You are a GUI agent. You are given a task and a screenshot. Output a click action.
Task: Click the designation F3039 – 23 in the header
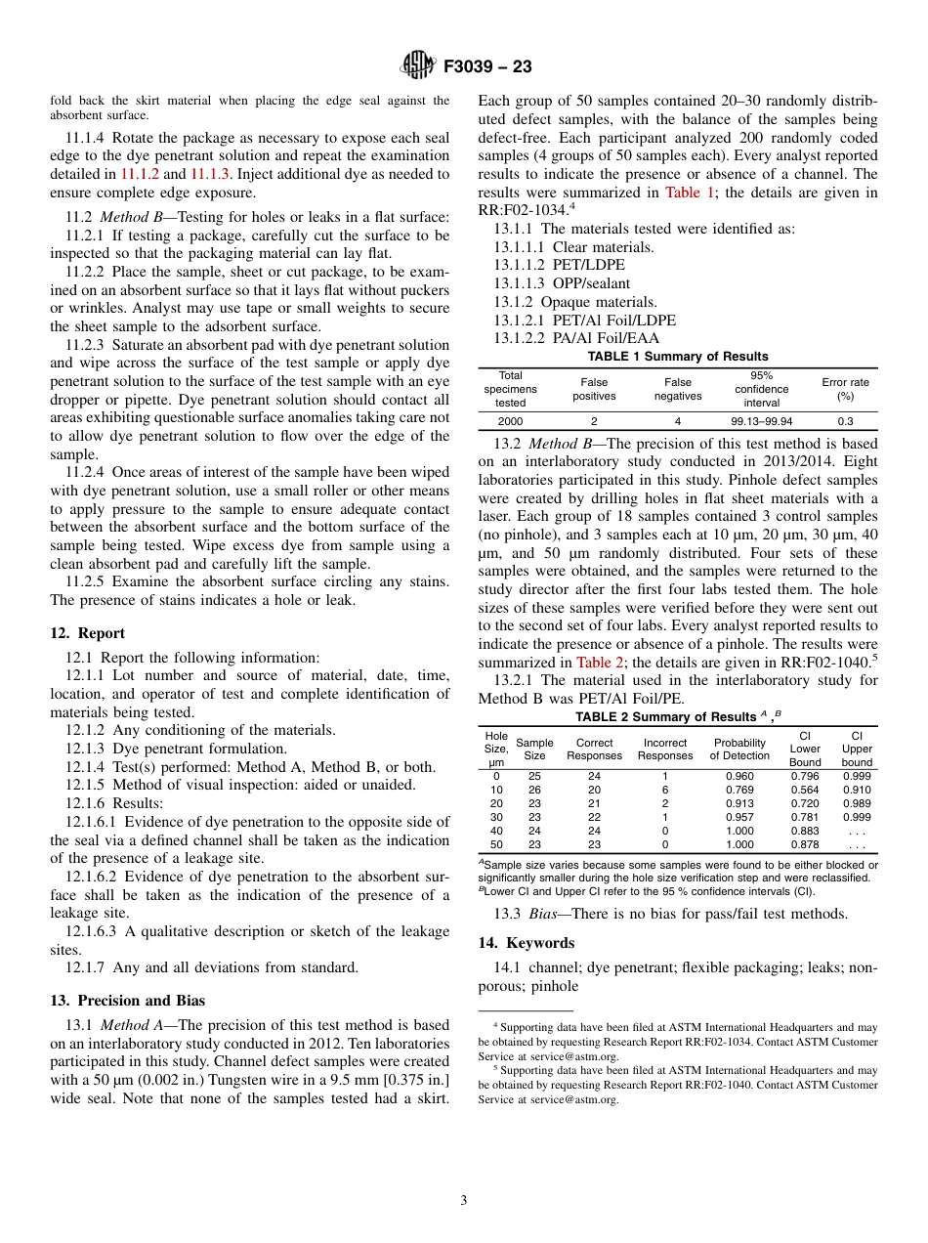click(x=487, y=67)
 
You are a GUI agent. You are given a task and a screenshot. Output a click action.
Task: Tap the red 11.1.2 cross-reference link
click(x=138, y=174)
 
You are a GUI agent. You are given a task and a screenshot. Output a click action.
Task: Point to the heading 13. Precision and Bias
click(x=127, y=1000)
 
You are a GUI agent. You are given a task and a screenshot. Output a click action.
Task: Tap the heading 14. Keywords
click(x=526, y=943)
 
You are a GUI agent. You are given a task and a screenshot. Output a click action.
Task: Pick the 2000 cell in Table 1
click(x=510, y=421)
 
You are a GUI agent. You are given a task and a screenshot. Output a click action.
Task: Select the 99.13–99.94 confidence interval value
click(x=761, y=421)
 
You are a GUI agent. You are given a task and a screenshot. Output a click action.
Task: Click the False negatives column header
click(x=677, y=389)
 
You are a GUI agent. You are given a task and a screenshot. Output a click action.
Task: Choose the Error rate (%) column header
click(x=845, y=389)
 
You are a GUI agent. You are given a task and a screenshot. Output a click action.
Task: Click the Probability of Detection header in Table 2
click(x=739, y=750)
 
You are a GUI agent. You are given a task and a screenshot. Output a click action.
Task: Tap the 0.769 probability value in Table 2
click(x=739, y=790)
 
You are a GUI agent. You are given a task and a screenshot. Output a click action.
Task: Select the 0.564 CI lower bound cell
click(x=805, y=790)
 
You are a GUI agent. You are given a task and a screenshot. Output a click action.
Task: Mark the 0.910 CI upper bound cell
click(x=857, y=790)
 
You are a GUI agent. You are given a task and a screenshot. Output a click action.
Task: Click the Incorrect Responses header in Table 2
click(x=664, y=750)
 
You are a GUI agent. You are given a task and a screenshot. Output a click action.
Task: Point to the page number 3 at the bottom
click(x=464, y=1200)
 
